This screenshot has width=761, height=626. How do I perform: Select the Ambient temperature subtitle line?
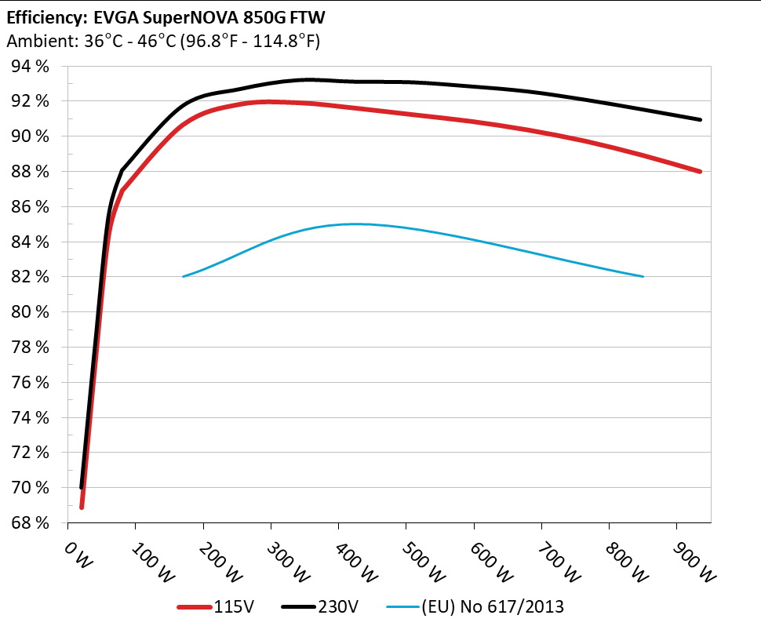click(162, 42)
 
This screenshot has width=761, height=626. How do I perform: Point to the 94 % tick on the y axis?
click(30, 67)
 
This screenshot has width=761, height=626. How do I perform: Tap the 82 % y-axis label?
click(30, 277)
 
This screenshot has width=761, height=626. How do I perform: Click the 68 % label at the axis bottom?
click(30, 522)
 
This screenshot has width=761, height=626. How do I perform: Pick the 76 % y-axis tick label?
click(30, 382)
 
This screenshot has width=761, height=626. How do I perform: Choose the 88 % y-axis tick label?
click(30, 172)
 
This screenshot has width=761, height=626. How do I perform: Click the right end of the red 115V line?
click(699, 171)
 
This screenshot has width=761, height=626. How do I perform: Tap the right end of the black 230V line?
click(699, 120)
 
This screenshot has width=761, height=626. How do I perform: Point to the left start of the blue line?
click(183, 276)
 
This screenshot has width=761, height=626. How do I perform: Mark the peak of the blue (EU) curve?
click(338, 224)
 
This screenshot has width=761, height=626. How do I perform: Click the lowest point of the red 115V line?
click(82, 507)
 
